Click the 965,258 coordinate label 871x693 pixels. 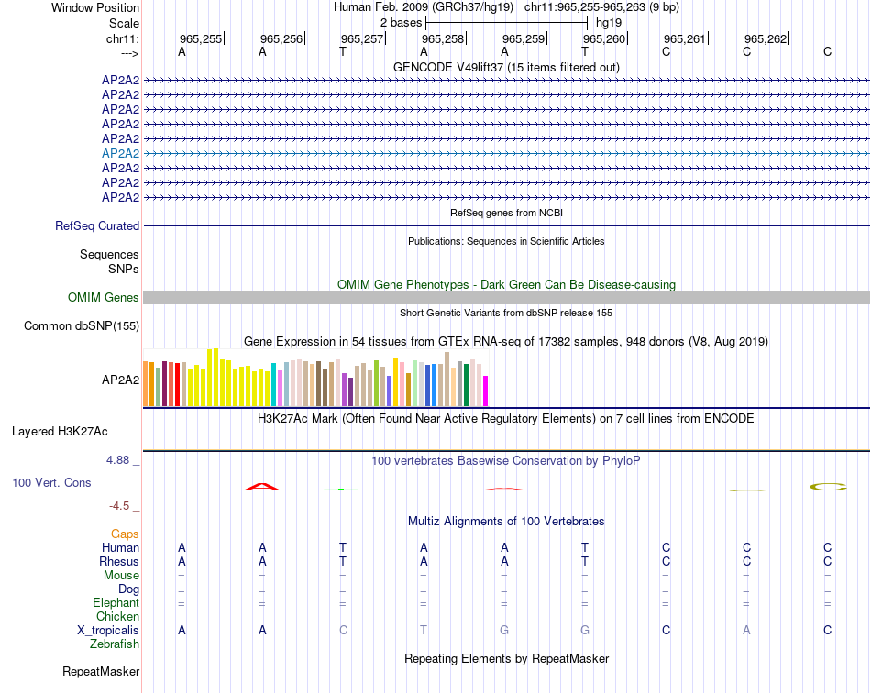pos(442,38)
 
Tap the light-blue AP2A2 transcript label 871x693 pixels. pos(120,153)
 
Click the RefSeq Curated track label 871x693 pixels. pos(97,225)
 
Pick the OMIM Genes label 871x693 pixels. pos(104,297)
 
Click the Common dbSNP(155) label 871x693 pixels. pos(82,325)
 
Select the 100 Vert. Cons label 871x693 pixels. pos(51,482)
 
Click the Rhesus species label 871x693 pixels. pos(119,561)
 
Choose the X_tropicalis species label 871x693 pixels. pos(108,630)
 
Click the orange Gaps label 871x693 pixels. pos(125,533)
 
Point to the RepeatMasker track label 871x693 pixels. pos(101,672)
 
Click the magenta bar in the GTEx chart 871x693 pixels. pos(485,390)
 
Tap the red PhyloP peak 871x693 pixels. pos(262,486)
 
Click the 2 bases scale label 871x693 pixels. pos(401,22)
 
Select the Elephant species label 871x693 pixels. pos(116,602)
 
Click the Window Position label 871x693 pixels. pos(95,7)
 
